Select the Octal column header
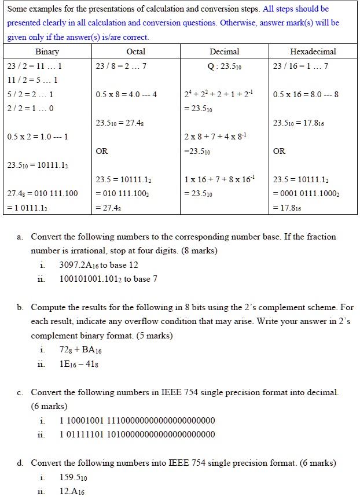(x=135, y=51)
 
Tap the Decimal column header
(x=224, y=51)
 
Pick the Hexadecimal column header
(x=313, y=51)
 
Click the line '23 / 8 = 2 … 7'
(x=121, y=65)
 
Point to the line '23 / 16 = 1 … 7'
(x=300, y=65)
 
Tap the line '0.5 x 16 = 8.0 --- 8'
(x=306, y=94)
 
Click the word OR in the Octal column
(x=102, y=151)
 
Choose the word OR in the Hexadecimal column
(x=279, y=151)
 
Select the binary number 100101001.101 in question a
(x=90, y=279)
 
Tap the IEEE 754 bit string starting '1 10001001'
(x=137, y=421)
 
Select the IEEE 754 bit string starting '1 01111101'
(x=137, y=435)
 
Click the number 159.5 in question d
(x=73, y=478)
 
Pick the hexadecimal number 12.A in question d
(x=72, y=491)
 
